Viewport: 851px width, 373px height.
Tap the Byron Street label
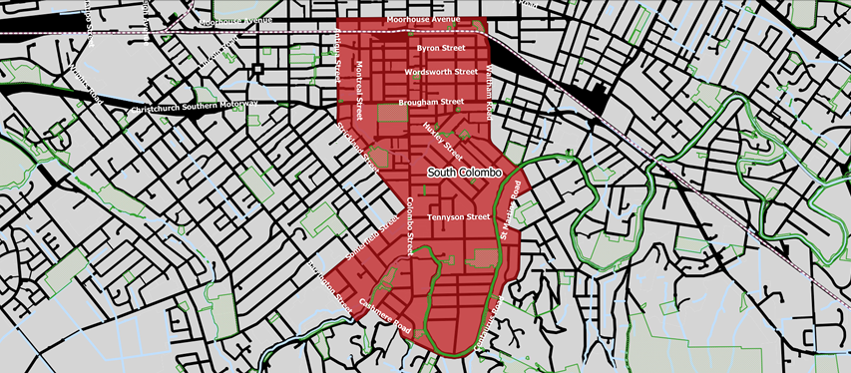click(441, 47)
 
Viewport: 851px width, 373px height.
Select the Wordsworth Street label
click(441, 73)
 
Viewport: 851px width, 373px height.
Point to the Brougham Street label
click(432, 102)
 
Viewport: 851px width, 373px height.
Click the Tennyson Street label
click(458, 216)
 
